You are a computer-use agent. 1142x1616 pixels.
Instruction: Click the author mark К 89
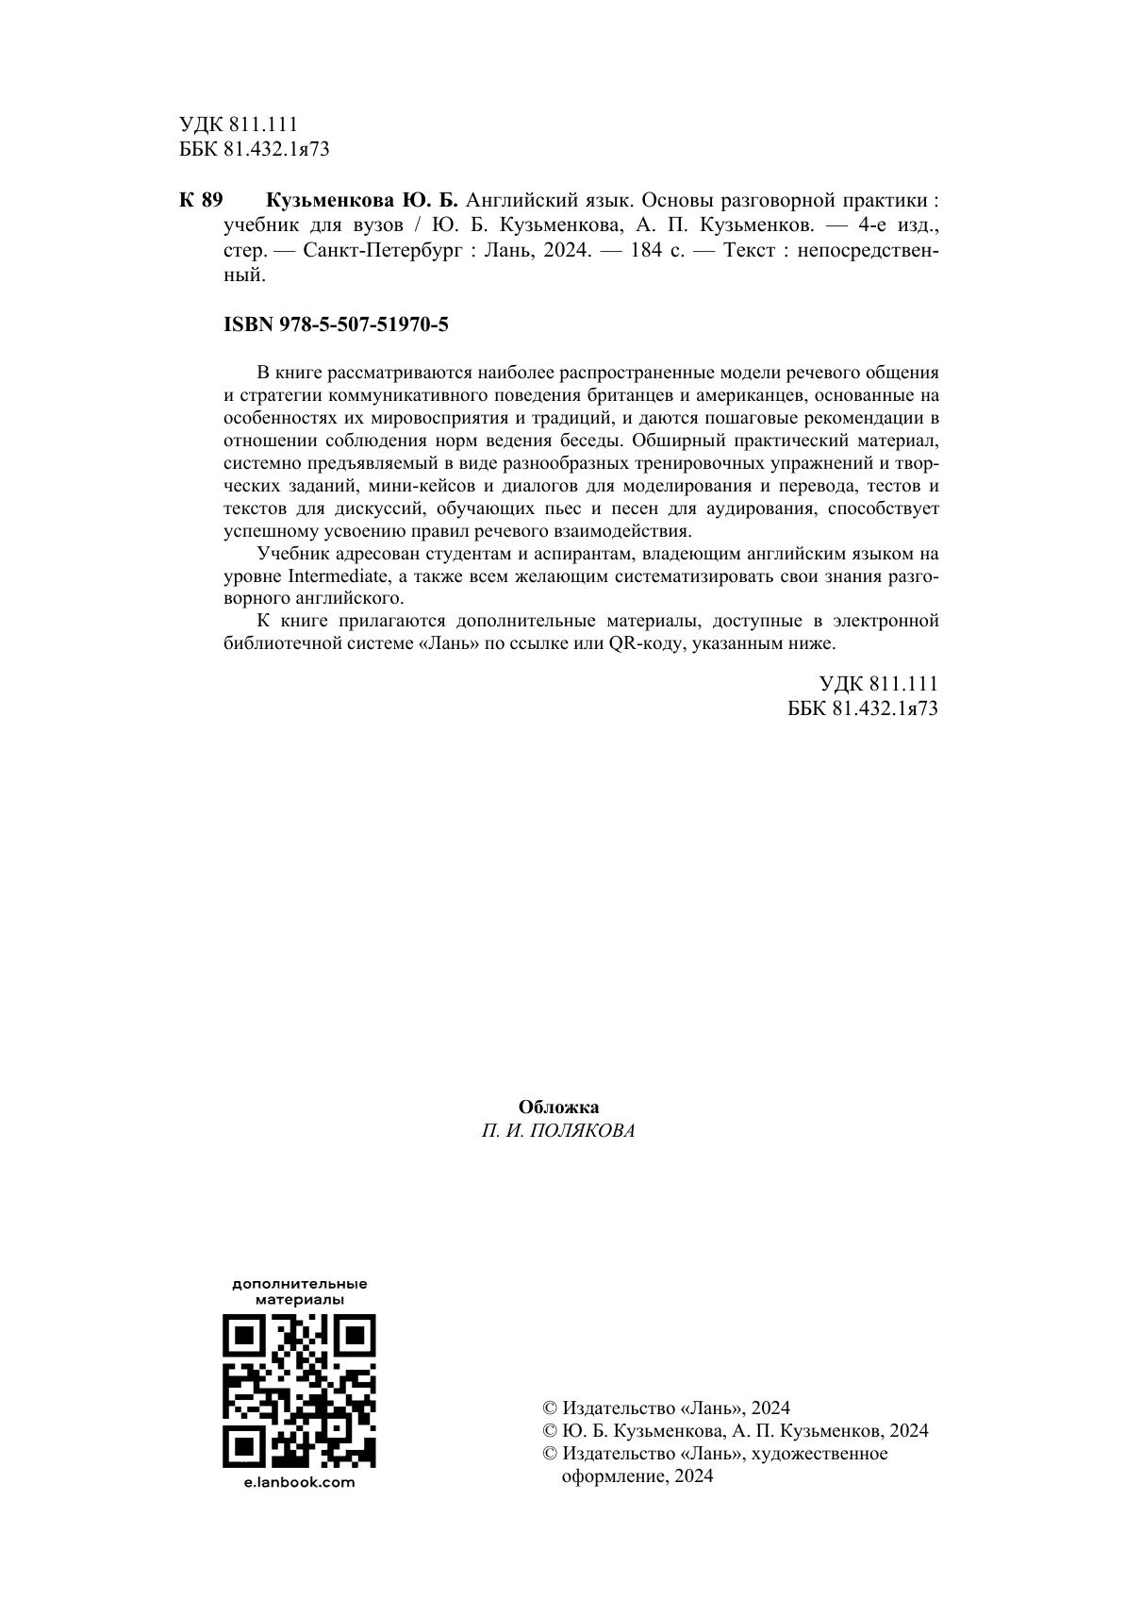pyautogui.click(x=200, y=200)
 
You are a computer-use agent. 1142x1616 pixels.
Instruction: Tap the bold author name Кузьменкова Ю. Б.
pyautogui.click(x=362, y=200)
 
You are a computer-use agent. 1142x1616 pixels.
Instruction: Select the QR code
pyautogui.click(x=299, y=1391)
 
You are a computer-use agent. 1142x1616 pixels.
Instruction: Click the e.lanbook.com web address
pyautogui.click(x=299, y=1482)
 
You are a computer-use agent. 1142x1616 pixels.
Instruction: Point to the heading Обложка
pyautogui.click(x=558, y=1108)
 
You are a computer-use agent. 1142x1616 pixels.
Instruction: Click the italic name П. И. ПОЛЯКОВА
pyautogui.click(x=558, y=1131)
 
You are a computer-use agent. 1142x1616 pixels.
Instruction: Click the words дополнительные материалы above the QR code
pyautogui.click(x=299, y=1291)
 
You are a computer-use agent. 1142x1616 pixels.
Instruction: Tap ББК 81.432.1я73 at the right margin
pyautogui.click(x=863, y=708)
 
